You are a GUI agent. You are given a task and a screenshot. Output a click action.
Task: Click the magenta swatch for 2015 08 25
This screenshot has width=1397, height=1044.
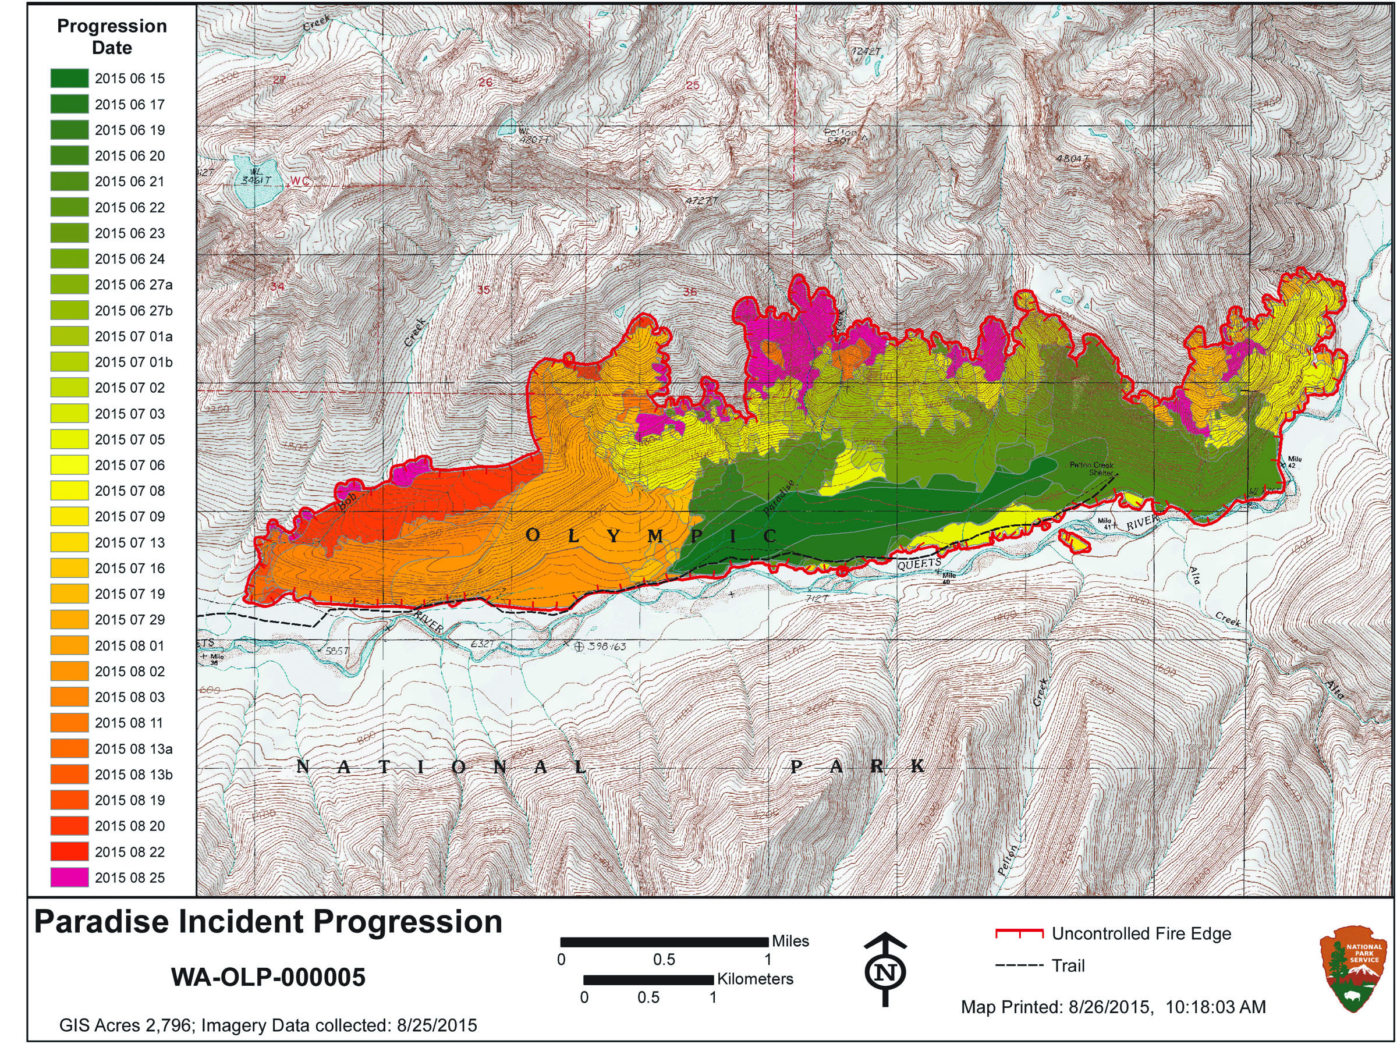(69, 877)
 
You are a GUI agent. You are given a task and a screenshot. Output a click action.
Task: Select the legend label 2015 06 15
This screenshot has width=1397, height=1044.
(129, 79)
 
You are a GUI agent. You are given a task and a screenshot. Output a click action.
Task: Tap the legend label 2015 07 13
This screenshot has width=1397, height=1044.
(129, 542)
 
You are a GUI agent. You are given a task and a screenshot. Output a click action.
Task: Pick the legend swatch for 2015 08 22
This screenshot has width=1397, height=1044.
(69, 851)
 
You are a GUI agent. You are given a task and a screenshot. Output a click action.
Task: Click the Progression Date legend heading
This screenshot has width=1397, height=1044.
(112, 37)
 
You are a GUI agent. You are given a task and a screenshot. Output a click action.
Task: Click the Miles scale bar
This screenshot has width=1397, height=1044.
(664, 942)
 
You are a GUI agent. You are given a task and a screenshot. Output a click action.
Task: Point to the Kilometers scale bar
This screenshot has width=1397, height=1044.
(648, 979)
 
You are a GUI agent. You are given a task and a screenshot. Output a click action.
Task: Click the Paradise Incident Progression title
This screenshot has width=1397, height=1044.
(268, 922)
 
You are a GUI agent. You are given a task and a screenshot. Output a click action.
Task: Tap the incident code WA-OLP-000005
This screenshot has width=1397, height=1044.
(268, 978)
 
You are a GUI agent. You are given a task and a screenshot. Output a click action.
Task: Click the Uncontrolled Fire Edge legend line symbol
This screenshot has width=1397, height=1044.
(1018, 933)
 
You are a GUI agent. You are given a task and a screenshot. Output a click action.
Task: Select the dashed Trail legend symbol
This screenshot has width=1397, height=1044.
(1018, 965)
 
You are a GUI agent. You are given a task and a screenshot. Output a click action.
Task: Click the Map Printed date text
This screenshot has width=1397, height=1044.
(1113, 1007)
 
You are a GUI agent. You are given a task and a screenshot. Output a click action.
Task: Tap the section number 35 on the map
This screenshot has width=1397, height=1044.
(483, 290)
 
